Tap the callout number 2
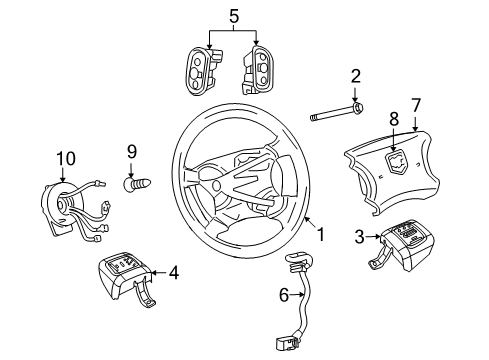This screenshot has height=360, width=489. (x=355, y=76)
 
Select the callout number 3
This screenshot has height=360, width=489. (x=358, y=237)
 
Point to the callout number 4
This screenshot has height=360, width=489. (x=173, y=270)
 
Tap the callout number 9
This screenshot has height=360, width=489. (x=130, y=152)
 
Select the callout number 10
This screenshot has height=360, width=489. (x=66, y=157)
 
